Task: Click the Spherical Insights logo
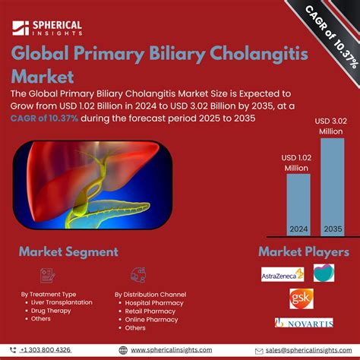(47, 28)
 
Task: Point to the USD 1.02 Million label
(297, 162)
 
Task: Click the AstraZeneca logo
(283, 273)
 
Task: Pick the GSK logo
(300, 298)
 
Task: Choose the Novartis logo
(304, 323)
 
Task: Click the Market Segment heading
(68, 251)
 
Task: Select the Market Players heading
(304, 251)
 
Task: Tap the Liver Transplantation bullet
(62, 302)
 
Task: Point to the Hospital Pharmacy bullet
(154, 302)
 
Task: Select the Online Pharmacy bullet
(152, 319)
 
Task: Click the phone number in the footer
(49, 349)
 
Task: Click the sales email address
(304, 349)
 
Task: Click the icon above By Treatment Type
(45, 275)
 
